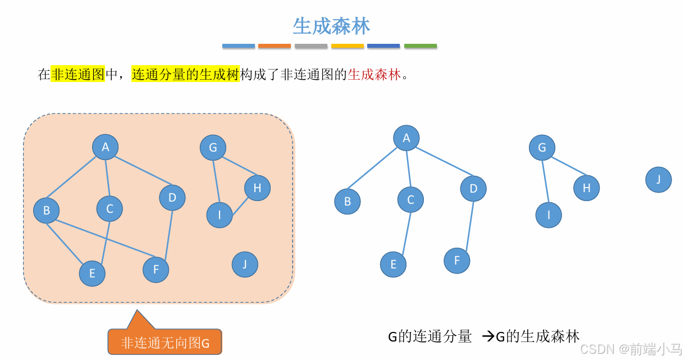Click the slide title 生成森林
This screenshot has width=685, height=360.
pos(331,26)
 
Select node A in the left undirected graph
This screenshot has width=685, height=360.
pos(106,147)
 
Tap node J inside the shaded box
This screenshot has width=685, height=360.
pos(245,264)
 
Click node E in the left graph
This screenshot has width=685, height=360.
pos(92,274)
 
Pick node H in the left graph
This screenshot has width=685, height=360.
pos(257,188)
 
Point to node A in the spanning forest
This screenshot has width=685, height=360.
pos(407,138)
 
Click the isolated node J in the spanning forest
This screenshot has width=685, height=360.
pos(659,180)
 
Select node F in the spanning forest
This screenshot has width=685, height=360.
pos(457,261)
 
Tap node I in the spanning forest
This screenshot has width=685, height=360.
pos(549,215)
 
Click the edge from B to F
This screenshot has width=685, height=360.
pos(101,240)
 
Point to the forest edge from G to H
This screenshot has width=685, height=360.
pos(568,166)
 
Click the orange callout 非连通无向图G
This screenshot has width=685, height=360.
pos(165,342)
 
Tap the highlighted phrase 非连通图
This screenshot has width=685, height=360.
pos(78,74)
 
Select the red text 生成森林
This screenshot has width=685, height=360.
pos(375,74)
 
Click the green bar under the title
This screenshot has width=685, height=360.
pos(421,46)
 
